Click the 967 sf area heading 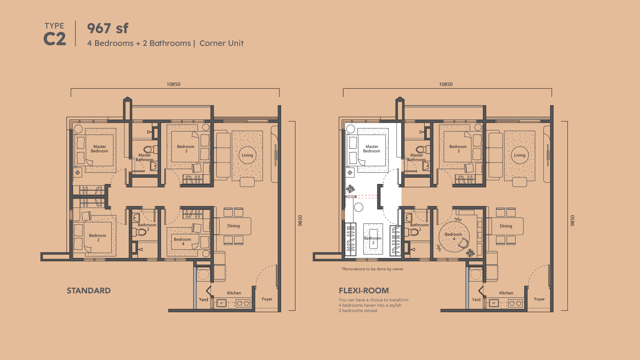(108, 28)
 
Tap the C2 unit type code (55, 39)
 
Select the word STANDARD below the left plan (89, 291)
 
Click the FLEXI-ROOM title (364, 291)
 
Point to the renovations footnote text (372, 269)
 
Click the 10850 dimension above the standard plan (173, 84)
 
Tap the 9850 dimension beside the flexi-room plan (573, 221)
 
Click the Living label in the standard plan (247, 155)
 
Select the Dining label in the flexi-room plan (506, 226)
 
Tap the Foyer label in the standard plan (267, 299)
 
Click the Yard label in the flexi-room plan (476, 300)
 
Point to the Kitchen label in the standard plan (234, 293)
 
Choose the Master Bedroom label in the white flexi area (372, 149)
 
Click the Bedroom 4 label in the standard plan (183, 242)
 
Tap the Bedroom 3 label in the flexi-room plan (458, 149)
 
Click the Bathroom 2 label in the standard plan (147, 227)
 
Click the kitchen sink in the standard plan (221, 303)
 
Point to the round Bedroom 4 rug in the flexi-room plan (454, 237)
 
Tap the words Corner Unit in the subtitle (222, 43)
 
